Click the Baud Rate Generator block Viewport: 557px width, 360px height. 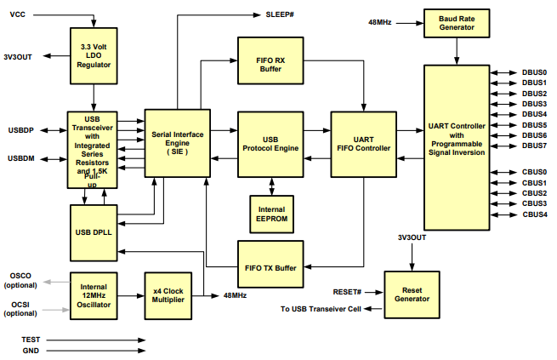[x=458, y=23]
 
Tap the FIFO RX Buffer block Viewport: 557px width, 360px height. [x=270, y=66]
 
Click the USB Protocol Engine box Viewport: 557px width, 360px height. [x=270, y=142]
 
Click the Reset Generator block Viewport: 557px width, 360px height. [x=412, y=293]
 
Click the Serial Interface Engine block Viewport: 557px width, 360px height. [x=177, y=142]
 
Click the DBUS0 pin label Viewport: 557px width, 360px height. [x=534, y=72]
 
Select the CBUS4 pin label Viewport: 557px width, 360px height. [x=534, y=214]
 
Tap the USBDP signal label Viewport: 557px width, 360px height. [x=21, y=130]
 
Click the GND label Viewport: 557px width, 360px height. [x=31, y=350]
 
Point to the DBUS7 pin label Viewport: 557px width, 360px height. [x=534, y=146]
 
